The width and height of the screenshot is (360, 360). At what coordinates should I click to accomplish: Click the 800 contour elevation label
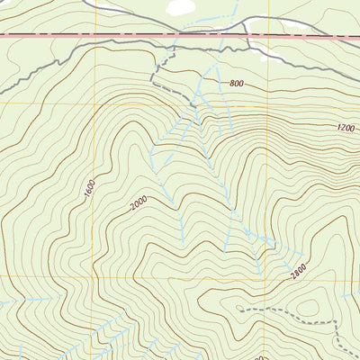click(x=237, y=84)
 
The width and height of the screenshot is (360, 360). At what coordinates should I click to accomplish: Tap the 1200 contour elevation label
click(x=346, y=129)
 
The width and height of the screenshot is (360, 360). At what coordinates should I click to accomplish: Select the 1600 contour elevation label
click(x=90, y=190)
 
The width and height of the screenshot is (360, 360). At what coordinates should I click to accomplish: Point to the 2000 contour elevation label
click(x=138, y=204)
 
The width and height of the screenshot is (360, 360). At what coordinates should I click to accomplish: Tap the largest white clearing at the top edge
click(x=181, y=7)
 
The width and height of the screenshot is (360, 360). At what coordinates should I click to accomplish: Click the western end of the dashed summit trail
click(x=238, y=309)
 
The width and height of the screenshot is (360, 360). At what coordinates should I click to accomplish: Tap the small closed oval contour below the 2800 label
click(x=309, y=308)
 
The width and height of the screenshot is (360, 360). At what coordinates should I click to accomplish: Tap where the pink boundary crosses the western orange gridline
click(x=94, y=35)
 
